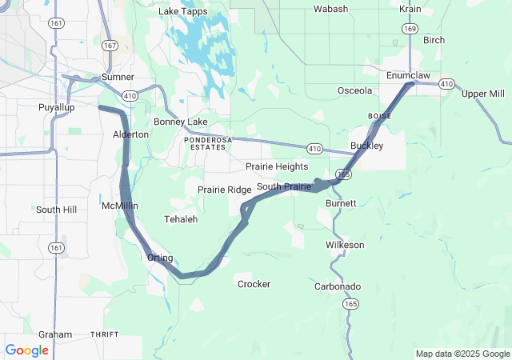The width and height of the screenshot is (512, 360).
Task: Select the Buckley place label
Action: tap(367, 146)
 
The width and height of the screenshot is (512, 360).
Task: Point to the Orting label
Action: tap(161, 258)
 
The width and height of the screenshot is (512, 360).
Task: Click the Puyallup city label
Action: tap(56, 107)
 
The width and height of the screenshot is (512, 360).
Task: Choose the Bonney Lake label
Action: tap(181, 122)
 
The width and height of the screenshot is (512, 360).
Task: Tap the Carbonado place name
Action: tap(338, 286)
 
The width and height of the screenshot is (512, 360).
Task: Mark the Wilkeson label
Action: tap(345, 244)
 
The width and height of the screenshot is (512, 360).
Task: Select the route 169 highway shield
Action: tap(410, 28)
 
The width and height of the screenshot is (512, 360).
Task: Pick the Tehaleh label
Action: tap(180, 218)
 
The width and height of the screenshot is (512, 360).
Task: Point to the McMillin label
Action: tap(120, 206)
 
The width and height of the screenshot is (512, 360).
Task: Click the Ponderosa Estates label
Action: tap(208, 139)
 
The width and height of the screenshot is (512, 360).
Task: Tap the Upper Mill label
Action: tap(483, 94)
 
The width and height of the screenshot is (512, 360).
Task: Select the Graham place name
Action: tap(55, 334)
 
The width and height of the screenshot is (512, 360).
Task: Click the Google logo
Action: tap(27, 350)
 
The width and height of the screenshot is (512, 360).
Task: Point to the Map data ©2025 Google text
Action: tap(462, 354)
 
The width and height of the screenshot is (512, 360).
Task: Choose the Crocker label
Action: tap(254, 284)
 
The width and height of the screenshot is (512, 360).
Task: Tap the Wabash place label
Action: tap(330, 9)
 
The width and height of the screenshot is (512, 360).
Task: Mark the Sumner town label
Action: tap(118, 77)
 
